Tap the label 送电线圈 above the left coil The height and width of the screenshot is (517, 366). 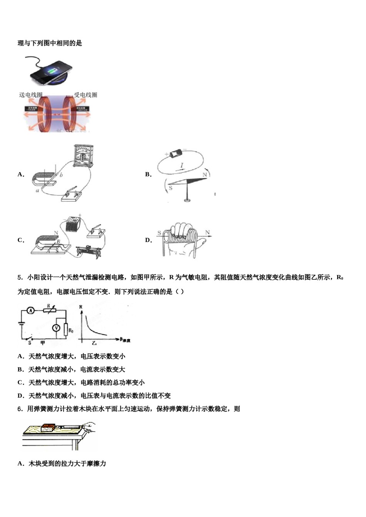(30, 95)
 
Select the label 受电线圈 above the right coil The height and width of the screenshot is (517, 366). (86, 95)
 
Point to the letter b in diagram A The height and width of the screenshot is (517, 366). (61, 175)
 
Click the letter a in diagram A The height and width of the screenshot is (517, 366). (37, 190)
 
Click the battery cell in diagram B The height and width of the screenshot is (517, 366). (176, 153)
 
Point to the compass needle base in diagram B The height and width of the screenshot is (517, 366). (187, 200)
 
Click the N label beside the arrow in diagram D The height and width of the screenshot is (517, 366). (208, 232)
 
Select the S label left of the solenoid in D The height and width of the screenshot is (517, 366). (159, 233)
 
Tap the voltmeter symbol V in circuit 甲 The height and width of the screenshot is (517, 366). (56, 328)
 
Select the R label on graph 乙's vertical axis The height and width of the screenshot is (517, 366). (81, 307)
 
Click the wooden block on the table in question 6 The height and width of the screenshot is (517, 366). (48, 427)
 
